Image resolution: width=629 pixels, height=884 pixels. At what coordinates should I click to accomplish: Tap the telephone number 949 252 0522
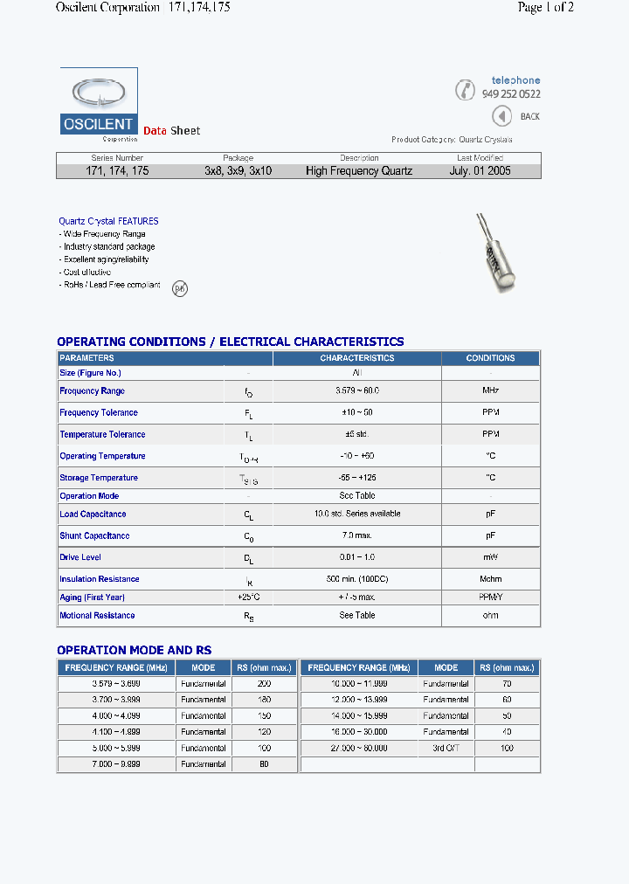(510, 94)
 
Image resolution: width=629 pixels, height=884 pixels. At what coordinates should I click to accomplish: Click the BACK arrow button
(501, 116)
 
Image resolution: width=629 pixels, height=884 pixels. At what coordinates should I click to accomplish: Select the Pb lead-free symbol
(179, 287)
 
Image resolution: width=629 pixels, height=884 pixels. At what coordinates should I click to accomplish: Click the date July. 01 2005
(480, 171)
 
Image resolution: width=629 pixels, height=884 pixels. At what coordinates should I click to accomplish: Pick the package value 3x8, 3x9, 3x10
(238, 171)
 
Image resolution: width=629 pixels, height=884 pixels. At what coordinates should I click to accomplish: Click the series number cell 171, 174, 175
(117, 171)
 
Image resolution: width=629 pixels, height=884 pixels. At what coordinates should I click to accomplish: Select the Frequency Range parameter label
(92, 391)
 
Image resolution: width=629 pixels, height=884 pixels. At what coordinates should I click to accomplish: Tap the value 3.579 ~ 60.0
(357, 390)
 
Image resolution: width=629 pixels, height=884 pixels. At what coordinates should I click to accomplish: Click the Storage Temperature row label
(99, 478)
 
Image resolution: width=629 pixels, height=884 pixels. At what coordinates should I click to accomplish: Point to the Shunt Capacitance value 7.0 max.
(357, 535)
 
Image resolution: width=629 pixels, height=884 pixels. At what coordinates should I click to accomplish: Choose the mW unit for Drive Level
(490, 557)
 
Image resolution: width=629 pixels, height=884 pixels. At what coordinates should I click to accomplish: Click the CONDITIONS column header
(490, 358)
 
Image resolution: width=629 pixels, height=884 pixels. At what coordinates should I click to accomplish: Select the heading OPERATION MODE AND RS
(134, 650)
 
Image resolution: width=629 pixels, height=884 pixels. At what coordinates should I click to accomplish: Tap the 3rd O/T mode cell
(446, 748)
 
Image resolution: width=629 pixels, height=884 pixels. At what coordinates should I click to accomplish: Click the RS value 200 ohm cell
(264, 684)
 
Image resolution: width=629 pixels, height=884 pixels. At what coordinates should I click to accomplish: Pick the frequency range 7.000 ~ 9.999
(116, 763)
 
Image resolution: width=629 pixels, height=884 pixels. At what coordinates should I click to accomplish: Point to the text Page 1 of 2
(545, 8)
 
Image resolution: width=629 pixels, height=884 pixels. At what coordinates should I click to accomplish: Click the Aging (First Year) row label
(92, 597)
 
